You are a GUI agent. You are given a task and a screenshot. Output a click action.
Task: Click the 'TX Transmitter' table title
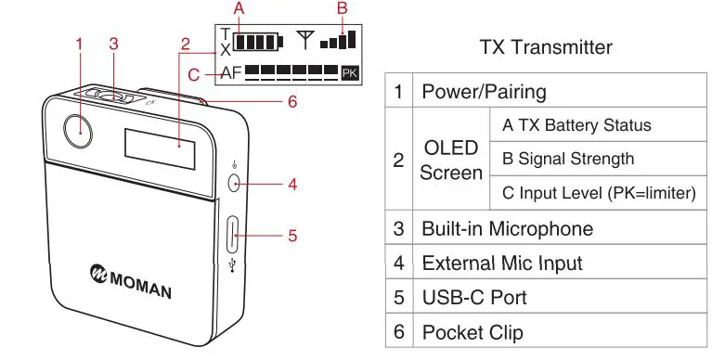click(545, 46)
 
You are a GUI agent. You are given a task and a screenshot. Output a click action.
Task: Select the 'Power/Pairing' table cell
click(484, 92)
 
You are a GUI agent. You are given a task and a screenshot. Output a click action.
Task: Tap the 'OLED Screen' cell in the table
click(453, 160)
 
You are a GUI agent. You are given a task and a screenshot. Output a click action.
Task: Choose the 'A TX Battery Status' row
click(576, 125)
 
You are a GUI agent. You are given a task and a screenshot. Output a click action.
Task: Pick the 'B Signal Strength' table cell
click(567, 159)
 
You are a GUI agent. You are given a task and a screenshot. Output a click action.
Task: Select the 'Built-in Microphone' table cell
click(507, 228)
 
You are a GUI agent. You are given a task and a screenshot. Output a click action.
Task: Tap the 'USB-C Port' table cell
click(474, 297)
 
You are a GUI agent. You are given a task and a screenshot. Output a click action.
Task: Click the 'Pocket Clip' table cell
click(473, 331)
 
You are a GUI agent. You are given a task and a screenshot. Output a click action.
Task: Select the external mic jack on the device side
click(233, 183)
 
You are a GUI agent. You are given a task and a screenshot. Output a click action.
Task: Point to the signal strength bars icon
click(337, 40)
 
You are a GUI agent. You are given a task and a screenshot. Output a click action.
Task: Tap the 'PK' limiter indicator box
click(349, 71)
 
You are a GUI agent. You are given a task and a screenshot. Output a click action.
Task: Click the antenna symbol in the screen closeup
click(304, 41)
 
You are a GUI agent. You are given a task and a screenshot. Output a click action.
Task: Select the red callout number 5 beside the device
click(291, 236)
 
